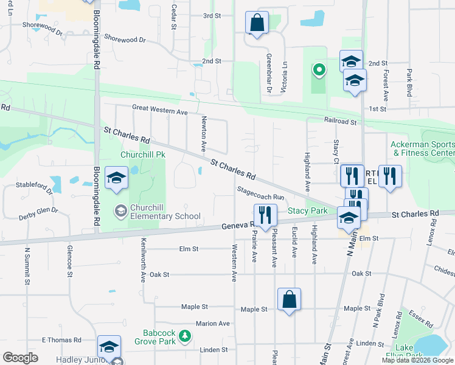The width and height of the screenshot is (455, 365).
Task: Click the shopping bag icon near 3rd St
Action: click(x=257, y=23)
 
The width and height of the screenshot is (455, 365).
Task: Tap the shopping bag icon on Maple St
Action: click(x=289, y=299)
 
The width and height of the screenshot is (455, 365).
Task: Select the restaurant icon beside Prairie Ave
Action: click(x=265, y=214)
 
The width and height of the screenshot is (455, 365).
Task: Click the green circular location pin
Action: click(x=318, y=70)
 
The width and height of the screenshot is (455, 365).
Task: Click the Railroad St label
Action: click(x=340, y=121)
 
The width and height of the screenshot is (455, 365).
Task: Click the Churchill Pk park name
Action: click(x=143, y=155)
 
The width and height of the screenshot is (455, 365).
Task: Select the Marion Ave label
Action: click(x=212, y=324)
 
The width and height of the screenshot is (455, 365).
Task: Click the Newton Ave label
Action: click(x=204, y=134)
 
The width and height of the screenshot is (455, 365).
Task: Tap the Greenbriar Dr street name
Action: click(x=268, y=73)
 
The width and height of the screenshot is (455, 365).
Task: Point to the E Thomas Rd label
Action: click(x=61, y=339)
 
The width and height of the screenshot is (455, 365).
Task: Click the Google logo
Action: click(x=21, y=358)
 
